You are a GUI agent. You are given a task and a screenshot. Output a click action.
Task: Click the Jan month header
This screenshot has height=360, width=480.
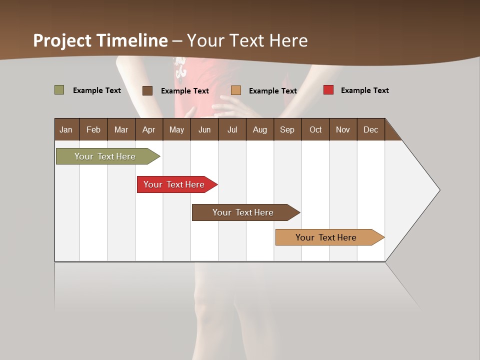click(x=66, y=129)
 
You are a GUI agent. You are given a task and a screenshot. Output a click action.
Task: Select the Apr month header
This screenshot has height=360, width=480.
click(x=148, y=129)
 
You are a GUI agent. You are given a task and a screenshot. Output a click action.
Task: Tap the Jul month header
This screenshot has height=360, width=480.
click(x=232, y=129)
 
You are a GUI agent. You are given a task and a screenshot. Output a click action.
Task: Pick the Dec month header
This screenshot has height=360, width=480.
click(x=370, y=129)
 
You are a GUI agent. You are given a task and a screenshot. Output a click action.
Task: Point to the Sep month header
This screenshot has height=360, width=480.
click(x=287, y=129)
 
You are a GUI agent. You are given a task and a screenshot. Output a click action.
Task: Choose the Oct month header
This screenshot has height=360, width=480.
click(x=315, y=129)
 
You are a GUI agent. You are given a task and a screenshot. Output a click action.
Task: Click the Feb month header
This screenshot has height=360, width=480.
click(x=93, y=129)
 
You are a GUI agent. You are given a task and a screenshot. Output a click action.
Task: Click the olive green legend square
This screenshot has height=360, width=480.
click(x=59, y=90)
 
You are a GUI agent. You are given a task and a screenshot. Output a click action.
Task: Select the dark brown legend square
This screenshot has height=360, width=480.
click(x=147, y=90)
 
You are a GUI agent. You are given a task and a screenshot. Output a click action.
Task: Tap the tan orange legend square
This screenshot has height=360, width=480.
click(x=236, y=90)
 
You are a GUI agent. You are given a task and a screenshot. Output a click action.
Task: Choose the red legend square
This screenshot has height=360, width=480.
click(x=328, y=90)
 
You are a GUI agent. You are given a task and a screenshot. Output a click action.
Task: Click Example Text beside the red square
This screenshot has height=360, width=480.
click(x=364, y=90)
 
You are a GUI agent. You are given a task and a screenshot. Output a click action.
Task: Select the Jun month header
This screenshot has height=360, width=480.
click(x=204, y=129)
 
